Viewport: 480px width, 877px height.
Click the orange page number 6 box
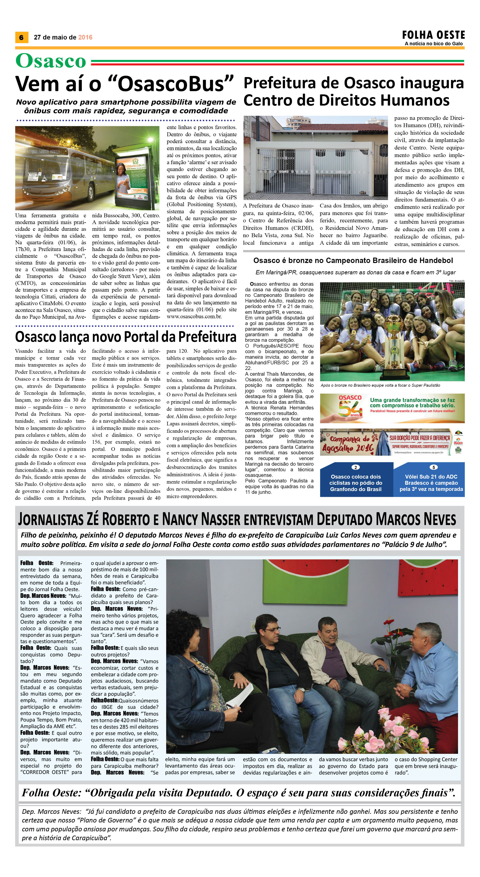click(21, 37)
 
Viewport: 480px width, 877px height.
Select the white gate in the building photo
click(315, 172)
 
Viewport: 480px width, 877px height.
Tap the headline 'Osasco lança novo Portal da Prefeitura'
click(125, 337)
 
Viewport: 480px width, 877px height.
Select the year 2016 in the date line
click(85, 37)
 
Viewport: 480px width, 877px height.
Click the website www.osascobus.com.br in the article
click(194, 316)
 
